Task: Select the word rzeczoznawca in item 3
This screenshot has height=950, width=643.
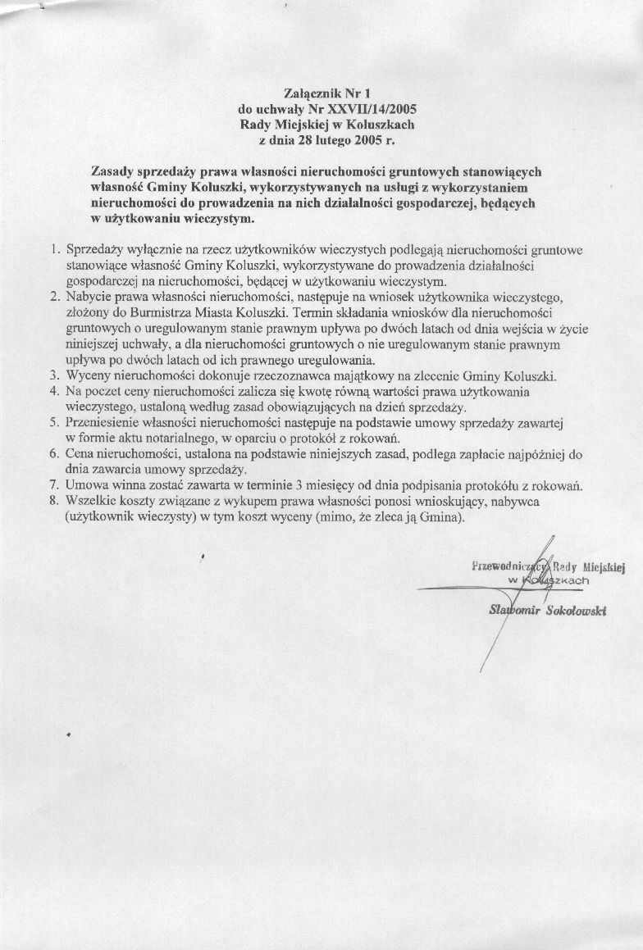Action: (276, 376)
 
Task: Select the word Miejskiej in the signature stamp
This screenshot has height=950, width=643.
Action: (604, 566)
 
